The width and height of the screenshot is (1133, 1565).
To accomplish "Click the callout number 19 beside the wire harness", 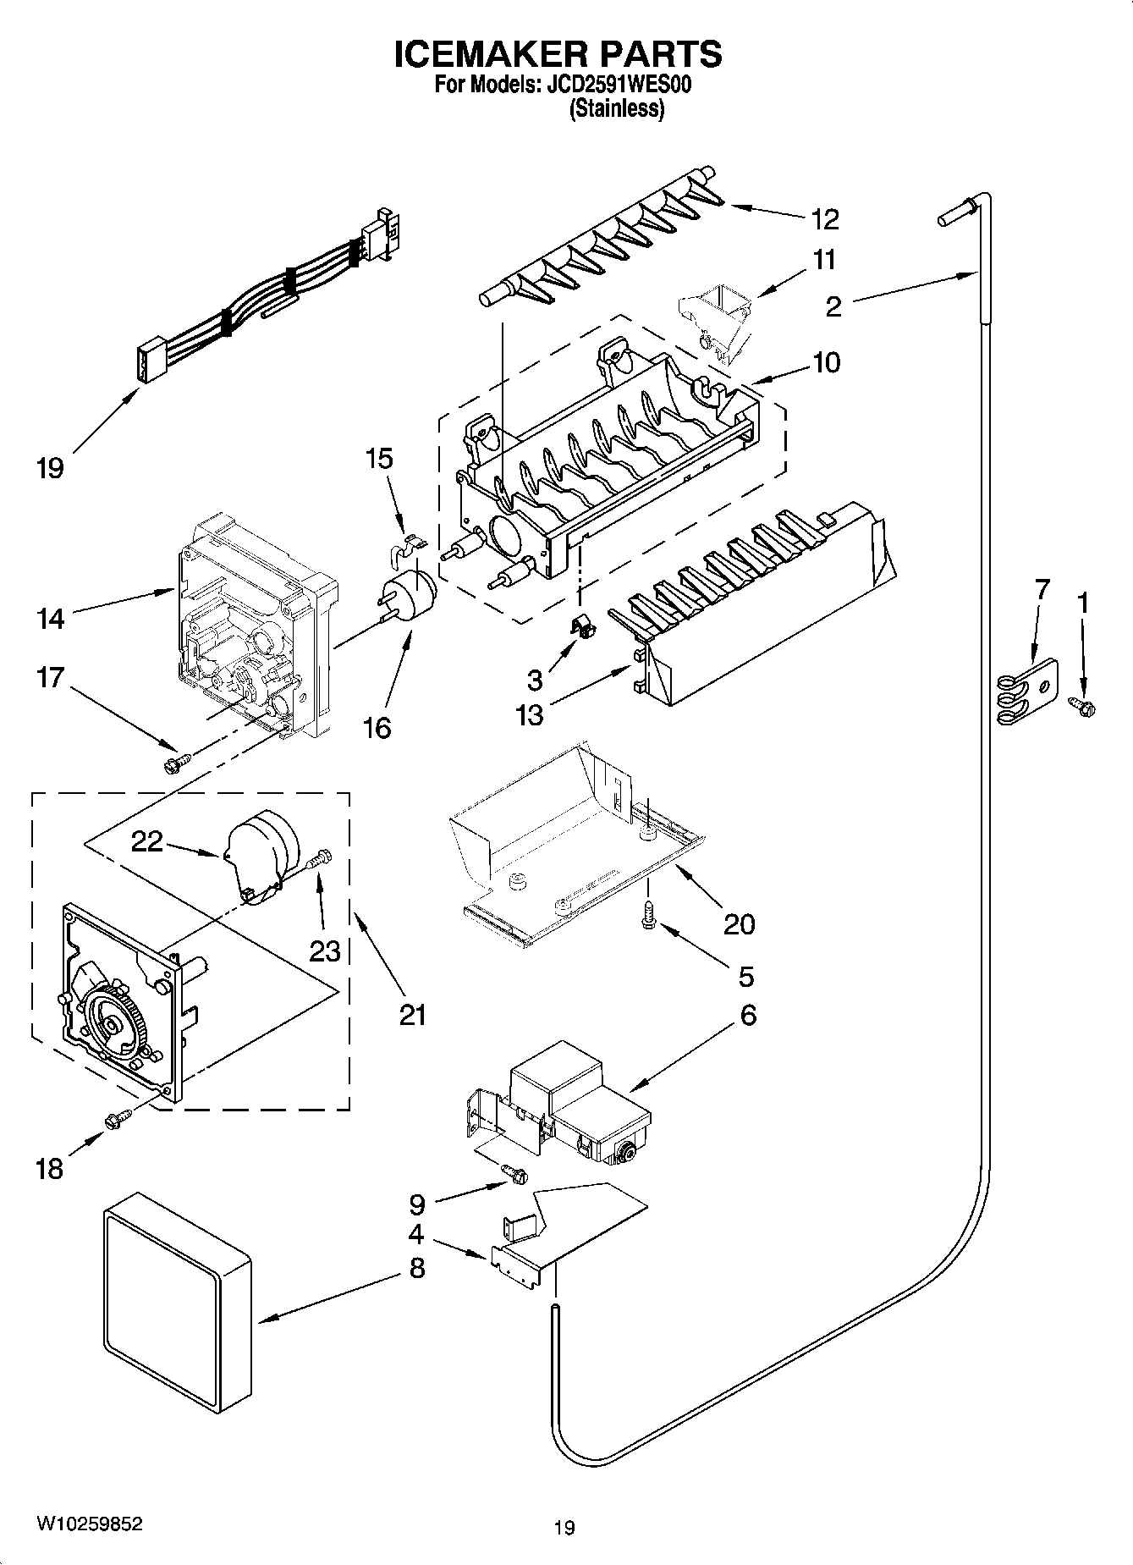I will tap(50, 467).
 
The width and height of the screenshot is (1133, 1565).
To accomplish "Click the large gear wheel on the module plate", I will tap(112, 1024).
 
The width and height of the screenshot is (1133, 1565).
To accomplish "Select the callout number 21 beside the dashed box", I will tap(413, 1013).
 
